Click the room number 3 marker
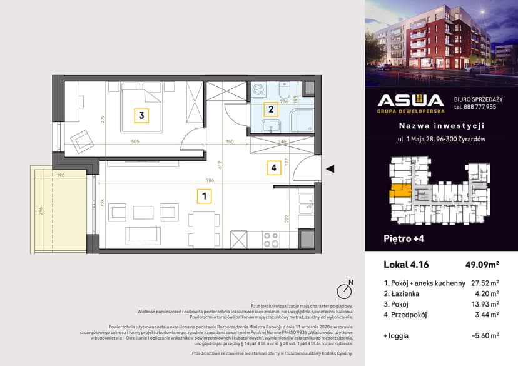[x=142, y=115]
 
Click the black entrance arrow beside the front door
[x=331, y=168]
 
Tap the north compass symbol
[x=343, y=291]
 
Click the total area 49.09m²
[x=480, y=264]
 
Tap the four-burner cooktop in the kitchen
[x=270, y=239]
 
